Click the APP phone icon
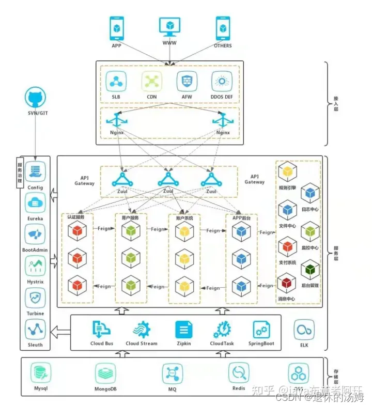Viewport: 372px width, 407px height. click(x=117, y=28)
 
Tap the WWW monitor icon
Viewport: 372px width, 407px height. click(x=169, y=27)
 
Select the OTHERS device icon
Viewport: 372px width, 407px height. click(x=223, y=28)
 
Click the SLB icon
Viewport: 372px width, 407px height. click(x=116, y=82)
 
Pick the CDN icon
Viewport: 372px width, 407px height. click(x=151, y=82)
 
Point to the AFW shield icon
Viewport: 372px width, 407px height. click(x=187, y=82)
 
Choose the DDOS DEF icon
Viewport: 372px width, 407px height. click(x=222, y=82)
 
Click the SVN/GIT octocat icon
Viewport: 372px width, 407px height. click(x=35, y=98)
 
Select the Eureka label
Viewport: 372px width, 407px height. click(x=35, y=218)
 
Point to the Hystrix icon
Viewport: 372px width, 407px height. click(x=35, y=265)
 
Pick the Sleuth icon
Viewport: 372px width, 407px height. click(x=35, y=329)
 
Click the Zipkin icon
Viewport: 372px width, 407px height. click(x=183, y=329)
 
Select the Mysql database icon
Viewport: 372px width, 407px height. click(x=40, y=373)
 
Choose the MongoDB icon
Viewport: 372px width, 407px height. click(x=105, y=373)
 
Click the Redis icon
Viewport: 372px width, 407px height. click(x=239, y=373)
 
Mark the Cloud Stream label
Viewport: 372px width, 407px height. click(x=141, y=343)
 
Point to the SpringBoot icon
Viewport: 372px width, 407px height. click(x=261, y=329)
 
